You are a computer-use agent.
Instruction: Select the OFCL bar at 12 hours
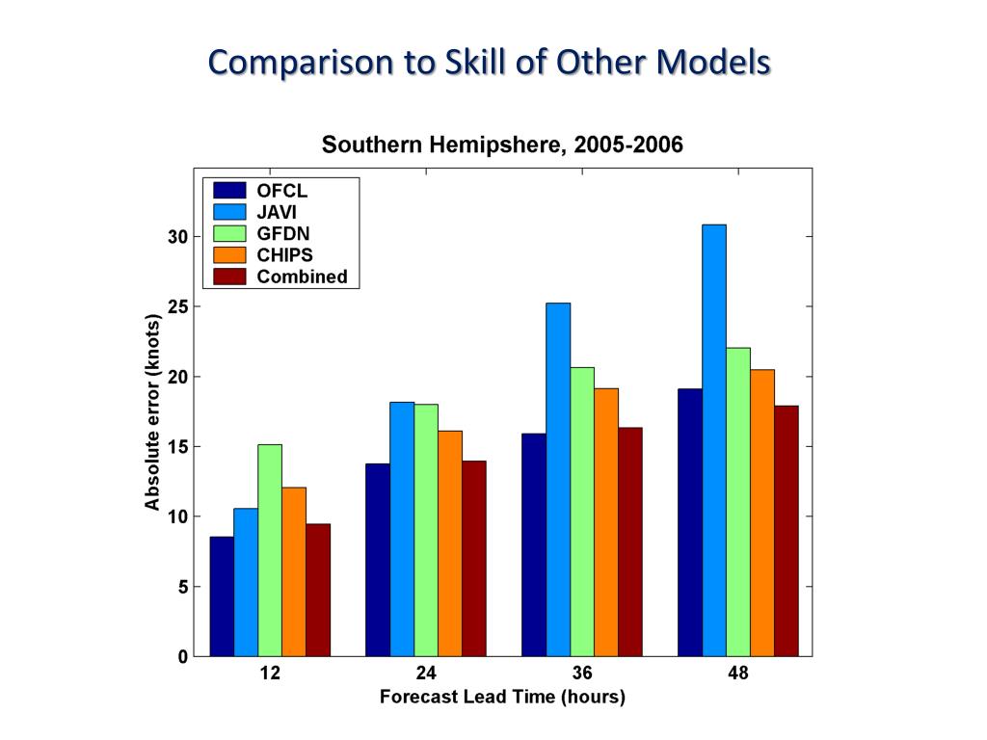coord(222,596)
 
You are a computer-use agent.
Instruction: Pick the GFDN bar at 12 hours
coord(270,550)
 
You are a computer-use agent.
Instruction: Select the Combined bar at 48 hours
coord(787,531)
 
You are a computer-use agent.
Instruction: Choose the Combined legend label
coord(302,277)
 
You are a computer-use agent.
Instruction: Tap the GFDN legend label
coord(282,233)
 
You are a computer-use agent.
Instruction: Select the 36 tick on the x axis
coord(581,674)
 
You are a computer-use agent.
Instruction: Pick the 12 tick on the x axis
coord(270,674)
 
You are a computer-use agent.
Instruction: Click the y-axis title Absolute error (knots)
coord(152,411)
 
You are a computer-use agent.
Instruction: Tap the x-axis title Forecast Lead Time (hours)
coord(502,697)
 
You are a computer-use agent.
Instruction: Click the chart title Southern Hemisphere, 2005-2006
coord(502,145)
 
